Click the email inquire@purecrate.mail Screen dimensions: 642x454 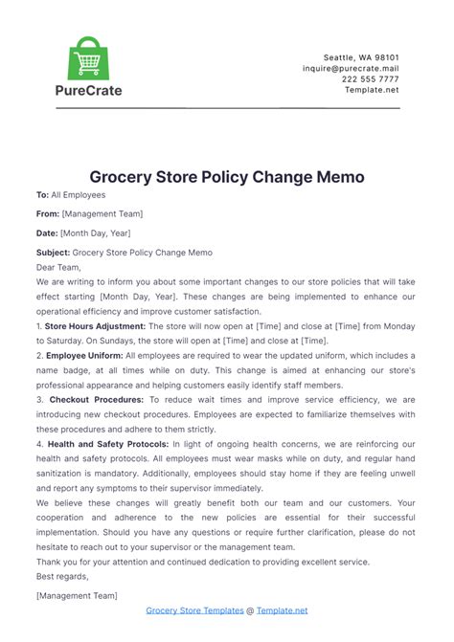point(351,68)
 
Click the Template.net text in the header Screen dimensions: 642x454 point(373,90)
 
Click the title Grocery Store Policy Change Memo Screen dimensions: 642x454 point(227,177)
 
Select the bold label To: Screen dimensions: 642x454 point(42,194)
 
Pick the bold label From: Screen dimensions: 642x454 point(48,213)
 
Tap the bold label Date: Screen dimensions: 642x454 point(47,232)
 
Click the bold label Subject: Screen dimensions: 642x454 point(53,252)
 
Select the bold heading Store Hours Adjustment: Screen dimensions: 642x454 point(95,325)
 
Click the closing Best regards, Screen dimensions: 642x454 point(62,576)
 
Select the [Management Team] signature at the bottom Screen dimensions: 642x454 point(77,595)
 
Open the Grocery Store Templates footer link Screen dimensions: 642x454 point(193,609)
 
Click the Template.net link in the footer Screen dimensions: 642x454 point(282,609)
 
